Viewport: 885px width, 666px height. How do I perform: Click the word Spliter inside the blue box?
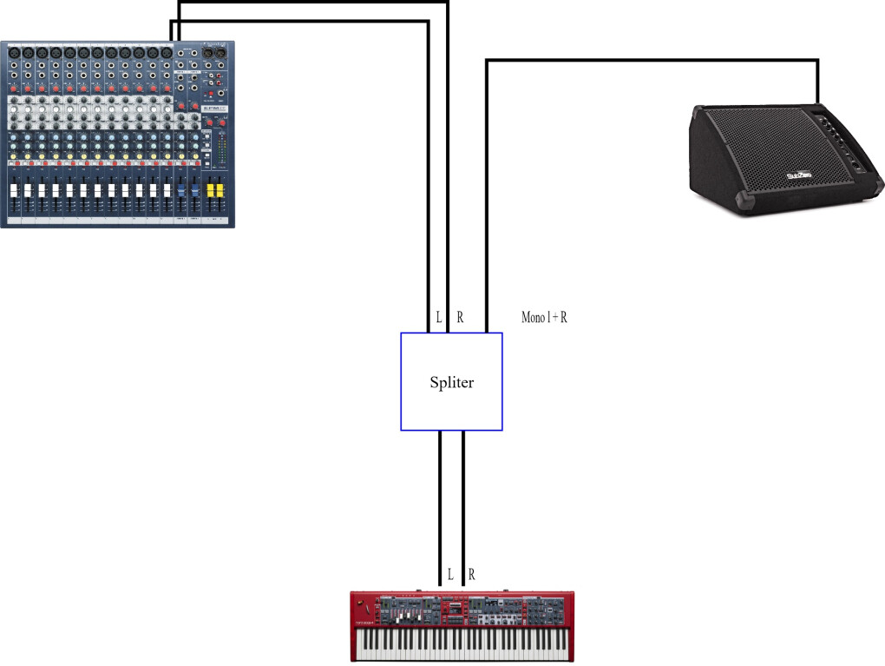click(x=452, y=382)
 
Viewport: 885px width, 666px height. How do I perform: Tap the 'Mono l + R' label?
click(x=544, y=318)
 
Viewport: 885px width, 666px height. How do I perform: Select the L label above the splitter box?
click(x=439, y=318)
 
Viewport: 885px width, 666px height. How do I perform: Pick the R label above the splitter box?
click(x=460, y=318)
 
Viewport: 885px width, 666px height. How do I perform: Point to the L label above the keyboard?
click(x=449, y=574)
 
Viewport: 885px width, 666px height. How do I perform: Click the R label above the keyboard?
click(x=471, y=574)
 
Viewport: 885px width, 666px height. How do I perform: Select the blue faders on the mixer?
click(x=181, y=189)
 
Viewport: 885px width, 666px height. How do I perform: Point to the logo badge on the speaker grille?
click(x=798, y=177)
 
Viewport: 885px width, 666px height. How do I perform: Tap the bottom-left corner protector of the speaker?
click(x=744, y=206)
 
